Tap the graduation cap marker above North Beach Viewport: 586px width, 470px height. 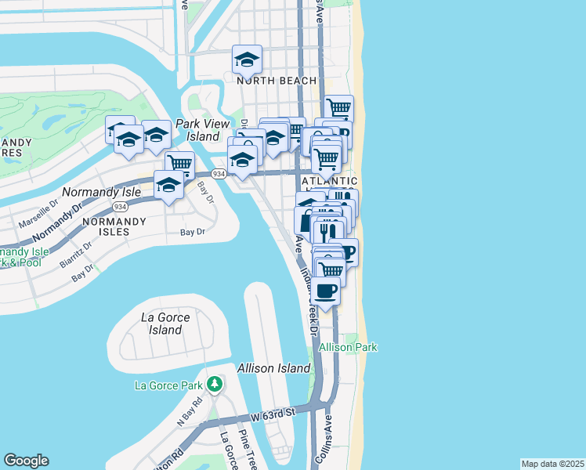point(247,60)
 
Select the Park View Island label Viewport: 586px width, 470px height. point(203,130)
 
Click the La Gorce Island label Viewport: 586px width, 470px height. point(161,324)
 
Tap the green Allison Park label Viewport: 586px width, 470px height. point(348,347)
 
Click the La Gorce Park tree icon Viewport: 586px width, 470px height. point(214,385)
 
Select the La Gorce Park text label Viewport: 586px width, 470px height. point(169,385)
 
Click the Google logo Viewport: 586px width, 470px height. point(26,461)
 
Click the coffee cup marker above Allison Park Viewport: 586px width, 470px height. point(326,291)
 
